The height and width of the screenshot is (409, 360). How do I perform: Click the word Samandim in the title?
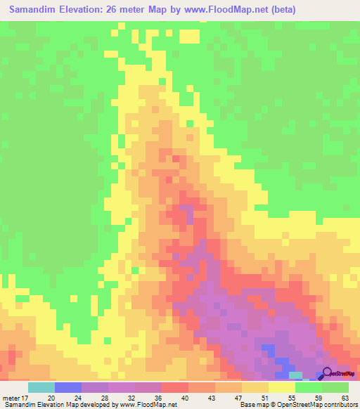point(34,10)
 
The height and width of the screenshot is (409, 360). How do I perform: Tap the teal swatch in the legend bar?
point(41,387)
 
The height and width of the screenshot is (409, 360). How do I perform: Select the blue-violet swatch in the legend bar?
point(68,387)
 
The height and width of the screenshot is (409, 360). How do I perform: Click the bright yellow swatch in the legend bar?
point(282,387)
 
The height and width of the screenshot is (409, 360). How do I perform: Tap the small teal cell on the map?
point(296,375)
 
